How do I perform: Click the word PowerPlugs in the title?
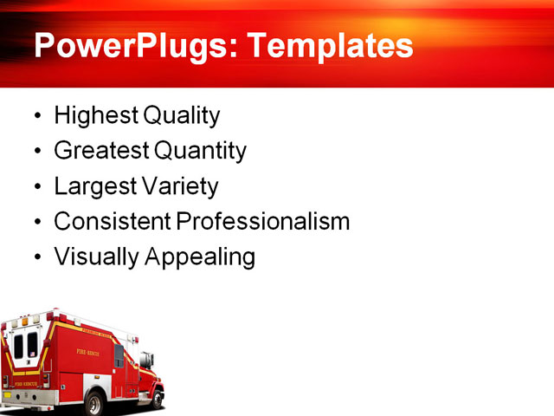(x=128, y=45)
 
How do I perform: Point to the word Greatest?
(x=101, y=151)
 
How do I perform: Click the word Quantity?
(x=200, y=151)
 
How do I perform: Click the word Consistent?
(x=113, y=221)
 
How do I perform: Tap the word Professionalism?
(x=263, y=221)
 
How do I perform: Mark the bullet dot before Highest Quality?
(x=35, y=116)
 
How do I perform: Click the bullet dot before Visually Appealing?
(x=35, y=258)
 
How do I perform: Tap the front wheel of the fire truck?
(x=153, y=398)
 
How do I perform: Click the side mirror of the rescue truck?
(x=151, y=358)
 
